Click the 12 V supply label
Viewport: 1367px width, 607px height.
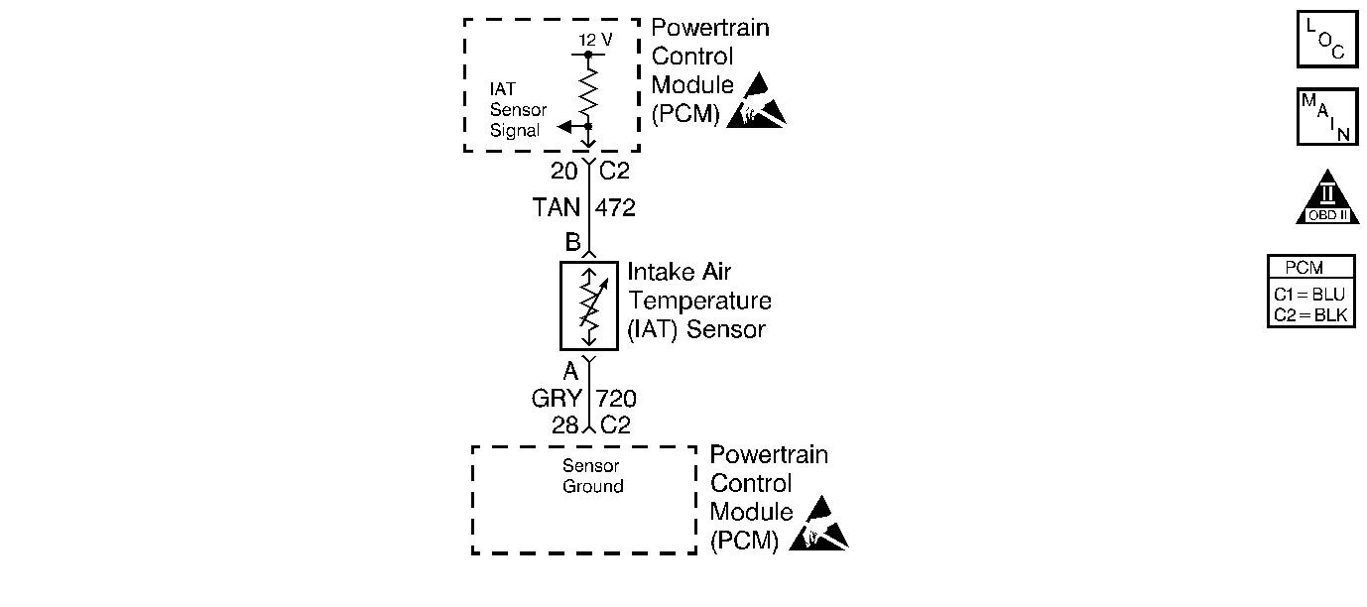pyautogui.click(x=595, y=39)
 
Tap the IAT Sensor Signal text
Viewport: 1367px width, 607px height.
pyautogui.click(x=516, y=109)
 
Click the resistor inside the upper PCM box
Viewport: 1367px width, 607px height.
pyautogui.click(x=589, y=90)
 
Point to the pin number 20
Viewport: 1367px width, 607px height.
pyautogui.click(x=563, y=172)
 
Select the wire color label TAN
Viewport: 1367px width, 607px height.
pyautogui.click(x=557, y=209)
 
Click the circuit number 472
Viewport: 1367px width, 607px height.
pyautogui.click(x=615, y=209)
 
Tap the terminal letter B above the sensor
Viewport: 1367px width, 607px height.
pyautogui.click(x=572, y=241)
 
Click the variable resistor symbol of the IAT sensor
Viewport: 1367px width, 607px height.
pyautogui.click(x=588, y=306)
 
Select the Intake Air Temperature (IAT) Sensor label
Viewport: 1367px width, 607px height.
pyautogui.click(x=698, y=301)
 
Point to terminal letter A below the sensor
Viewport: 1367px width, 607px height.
pyautogui.click(x=570, y=372)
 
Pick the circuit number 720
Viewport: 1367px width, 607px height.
pyautogui.click(x=616, y=399)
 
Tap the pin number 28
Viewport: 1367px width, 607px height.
pyautogui.click(x=564, y=425)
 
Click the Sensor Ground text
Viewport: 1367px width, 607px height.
pyautogui.click(x=592, y=476)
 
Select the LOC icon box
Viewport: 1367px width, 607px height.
pyautogui.click(x=1326, y=39)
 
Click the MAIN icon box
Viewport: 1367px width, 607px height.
pyautogui.click(x=1326, y=117)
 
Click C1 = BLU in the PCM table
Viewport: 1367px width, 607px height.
pyautogui.click(x=1310, y=295)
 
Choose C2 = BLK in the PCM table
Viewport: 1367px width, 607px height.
pyautogui.click(x=1310, y=315)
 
